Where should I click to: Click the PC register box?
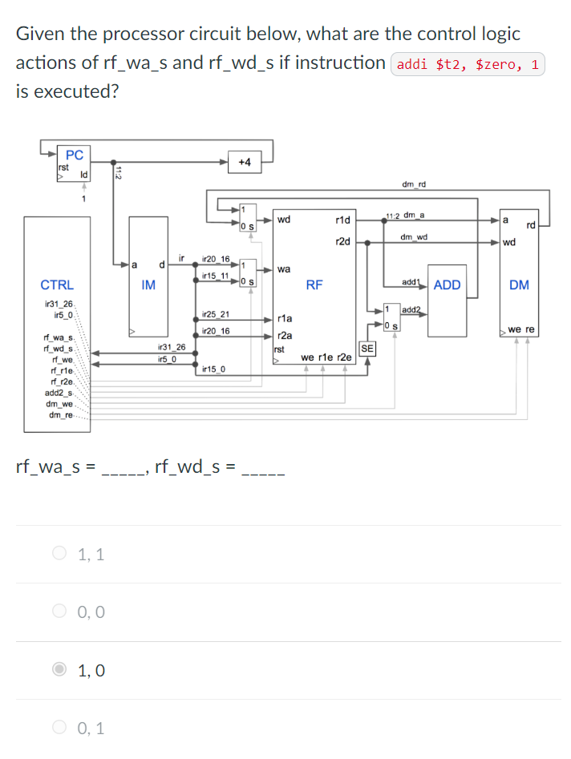tap(73, 160)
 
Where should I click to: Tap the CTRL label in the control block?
tap(57, 285)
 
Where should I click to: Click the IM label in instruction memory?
tap(148, 285)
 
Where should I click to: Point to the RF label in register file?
tap(314, 285)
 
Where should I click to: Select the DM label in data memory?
tap(519, 285)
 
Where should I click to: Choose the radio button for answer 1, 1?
tap(60, 553)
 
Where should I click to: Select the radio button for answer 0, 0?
tap(60, 612)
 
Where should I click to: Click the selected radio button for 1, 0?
tap(60, 670)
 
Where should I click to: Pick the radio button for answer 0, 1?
tap(60, 729)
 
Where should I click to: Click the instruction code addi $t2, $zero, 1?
tap(468, 64)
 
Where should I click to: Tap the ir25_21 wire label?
tap(217, 314)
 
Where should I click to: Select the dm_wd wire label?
tap(414, 236)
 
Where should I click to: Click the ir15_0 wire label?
tap(214, 369)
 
